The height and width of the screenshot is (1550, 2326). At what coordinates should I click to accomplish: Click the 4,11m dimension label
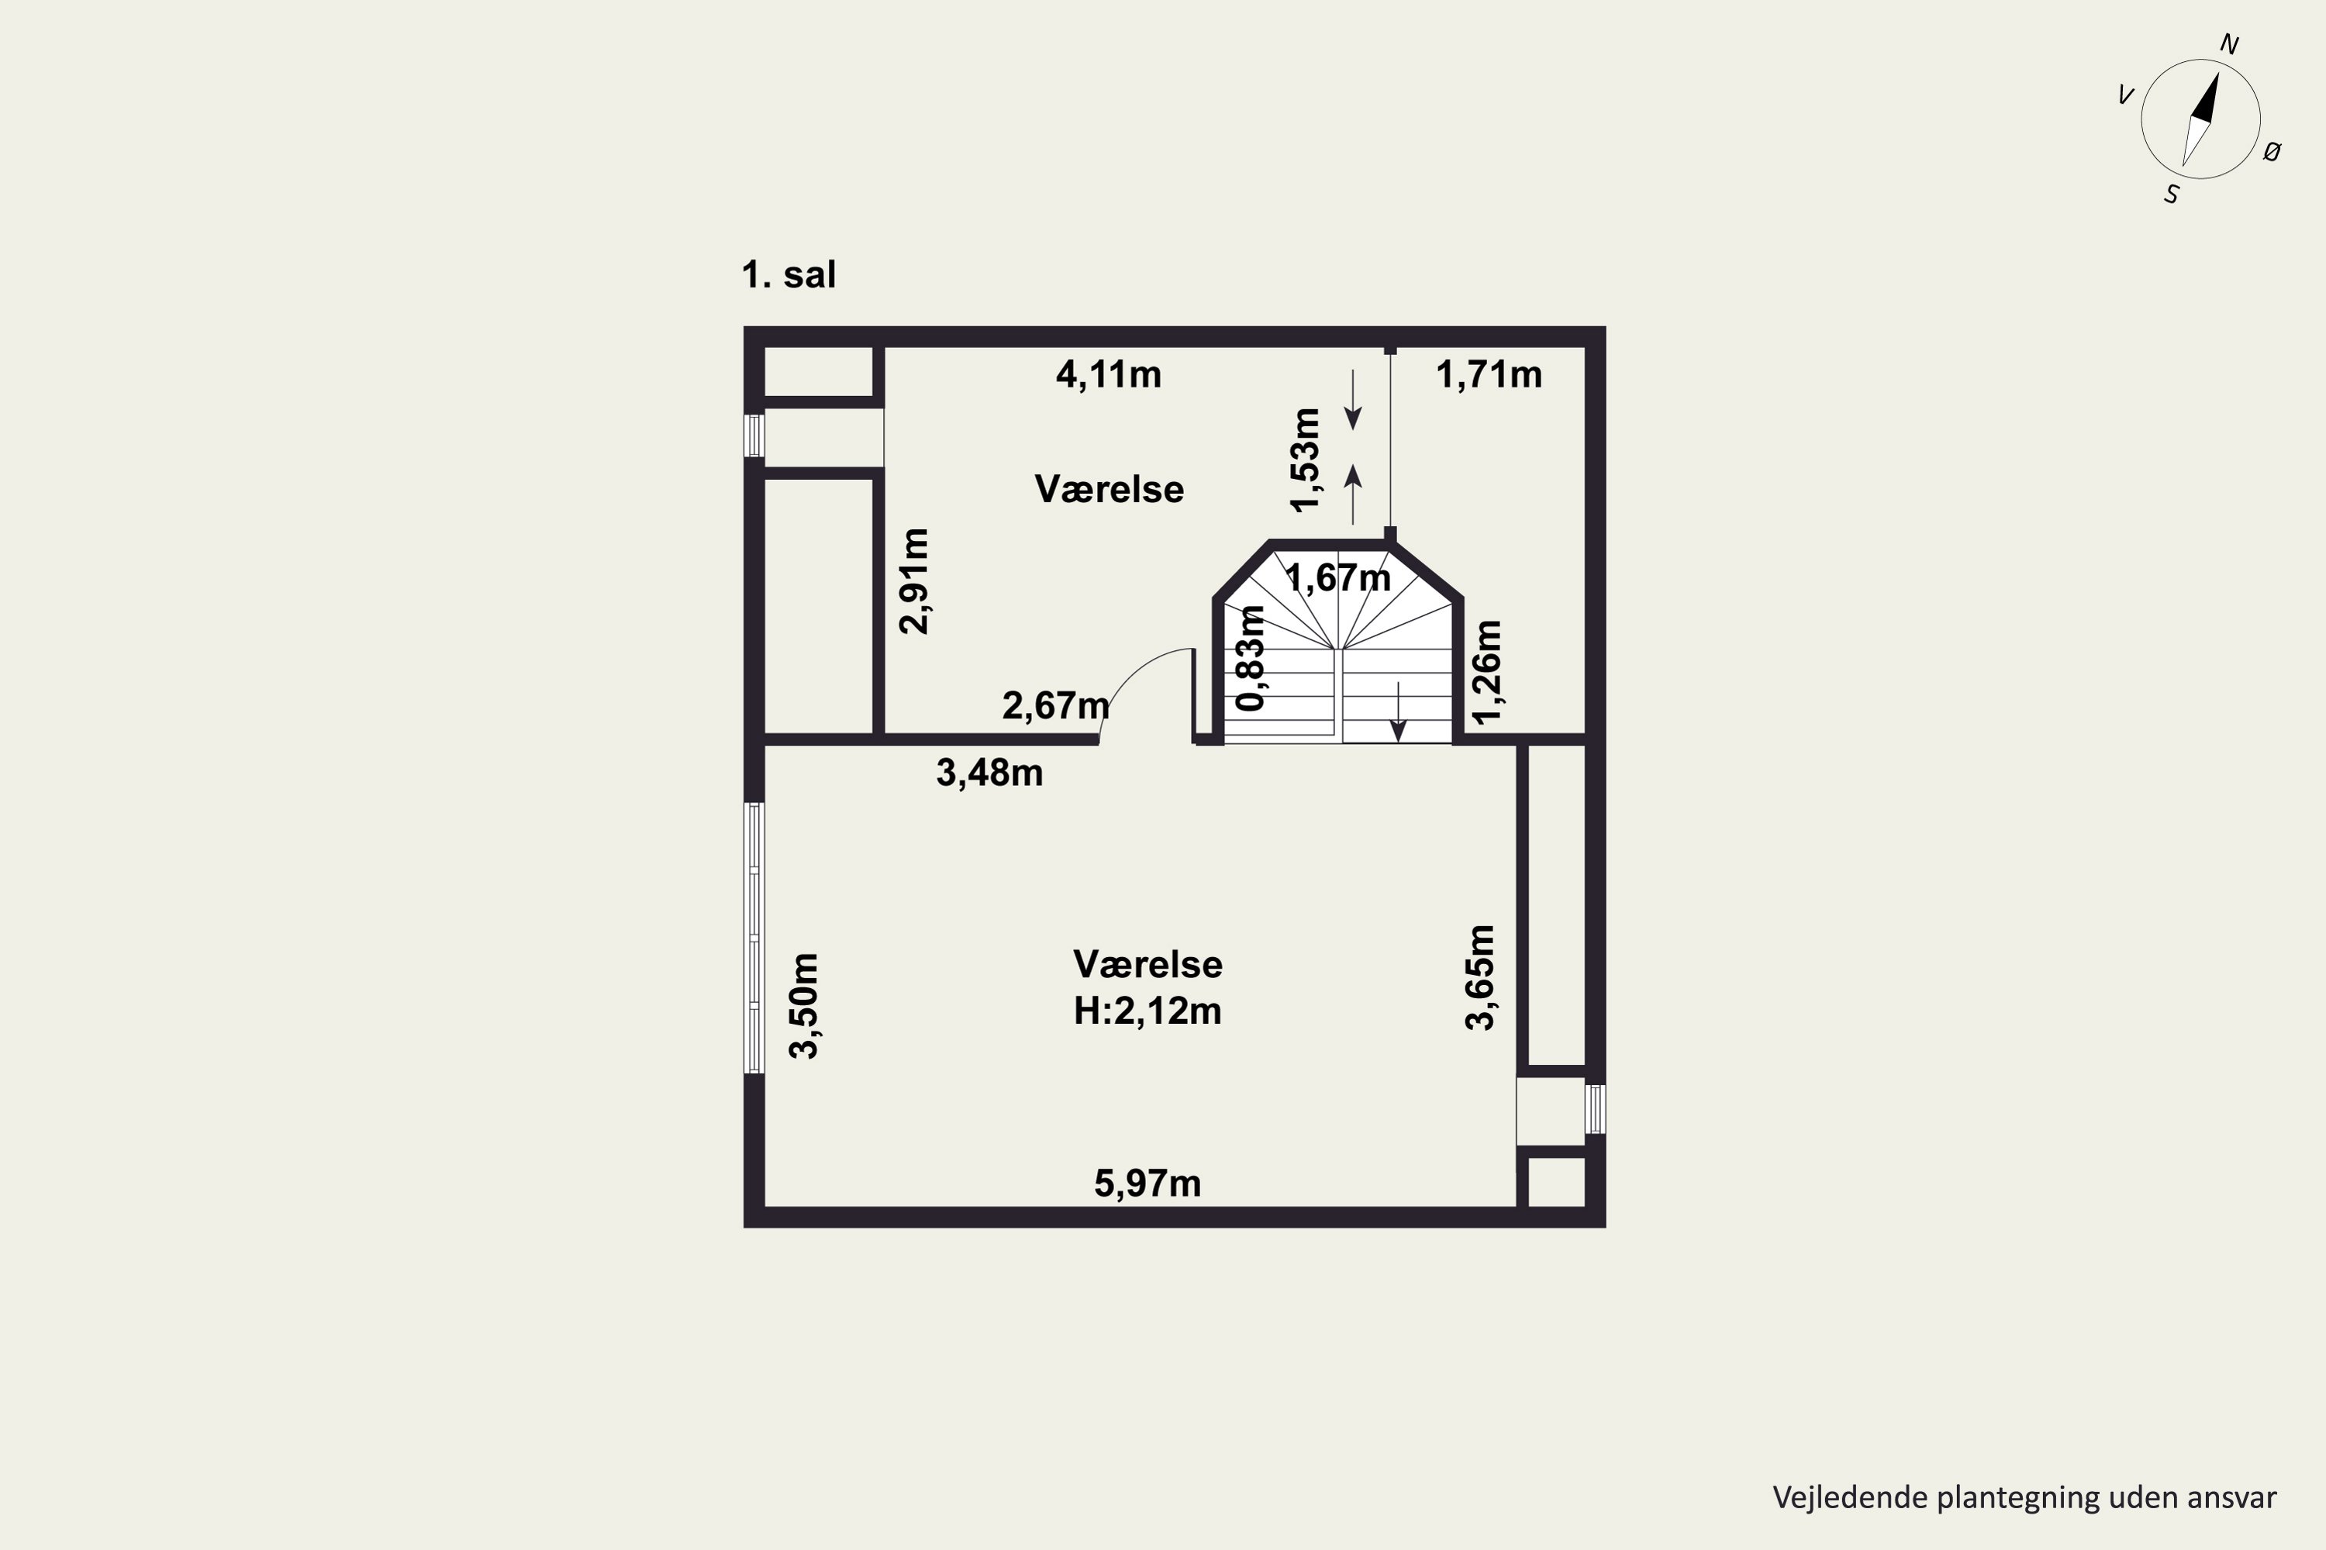click(1109, 374)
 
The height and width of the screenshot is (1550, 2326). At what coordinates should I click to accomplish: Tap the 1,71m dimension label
click(1489, 374)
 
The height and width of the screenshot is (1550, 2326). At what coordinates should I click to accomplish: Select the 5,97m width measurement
click(1147, 1183)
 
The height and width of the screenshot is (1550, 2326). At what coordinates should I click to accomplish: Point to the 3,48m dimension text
click(989, 773)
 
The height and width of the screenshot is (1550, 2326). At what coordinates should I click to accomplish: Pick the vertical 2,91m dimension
click(915, 581)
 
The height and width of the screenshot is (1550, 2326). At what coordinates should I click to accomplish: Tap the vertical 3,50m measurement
click(805, 1006)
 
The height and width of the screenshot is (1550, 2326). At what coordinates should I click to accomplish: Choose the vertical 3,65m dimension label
click(1480, 977)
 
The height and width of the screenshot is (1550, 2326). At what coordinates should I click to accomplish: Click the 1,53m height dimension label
click(1306, 460)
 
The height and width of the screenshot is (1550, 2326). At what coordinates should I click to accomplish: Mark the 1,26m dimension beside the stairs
click(1487, 672)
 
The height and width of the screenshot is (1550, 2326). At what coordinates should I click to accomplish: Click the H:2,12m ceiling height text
click(1147, 1011)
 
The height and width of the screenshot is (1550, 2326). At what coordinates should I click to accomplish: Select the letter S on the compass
click(2172, 195)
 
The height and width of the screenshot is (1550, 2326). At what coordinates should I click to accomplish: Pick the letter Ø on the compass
click(2272, 151)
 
